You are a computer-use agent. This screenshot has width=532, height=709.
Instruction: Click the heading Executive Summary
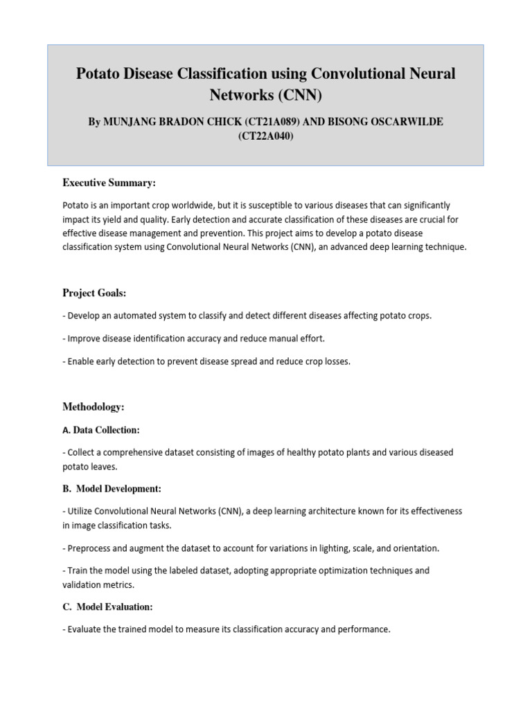point(109,183)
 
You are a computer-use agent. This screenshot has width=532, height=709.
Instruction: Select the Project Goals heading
point(94,293)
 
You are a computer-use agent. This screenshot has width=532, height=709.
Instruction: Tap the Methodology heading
point(93,407)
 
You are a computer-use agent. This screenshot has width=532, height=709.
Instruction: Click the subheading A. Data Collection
point(100,430)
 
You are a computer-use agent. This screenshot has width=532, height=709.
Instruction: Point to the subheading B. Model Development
point(112,489)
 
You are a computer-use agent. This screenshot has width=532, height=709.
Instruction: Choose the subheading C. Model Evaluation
point(107,607)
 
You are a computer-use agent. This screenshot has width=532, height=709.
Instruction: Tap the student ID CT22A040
point(265,136)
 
